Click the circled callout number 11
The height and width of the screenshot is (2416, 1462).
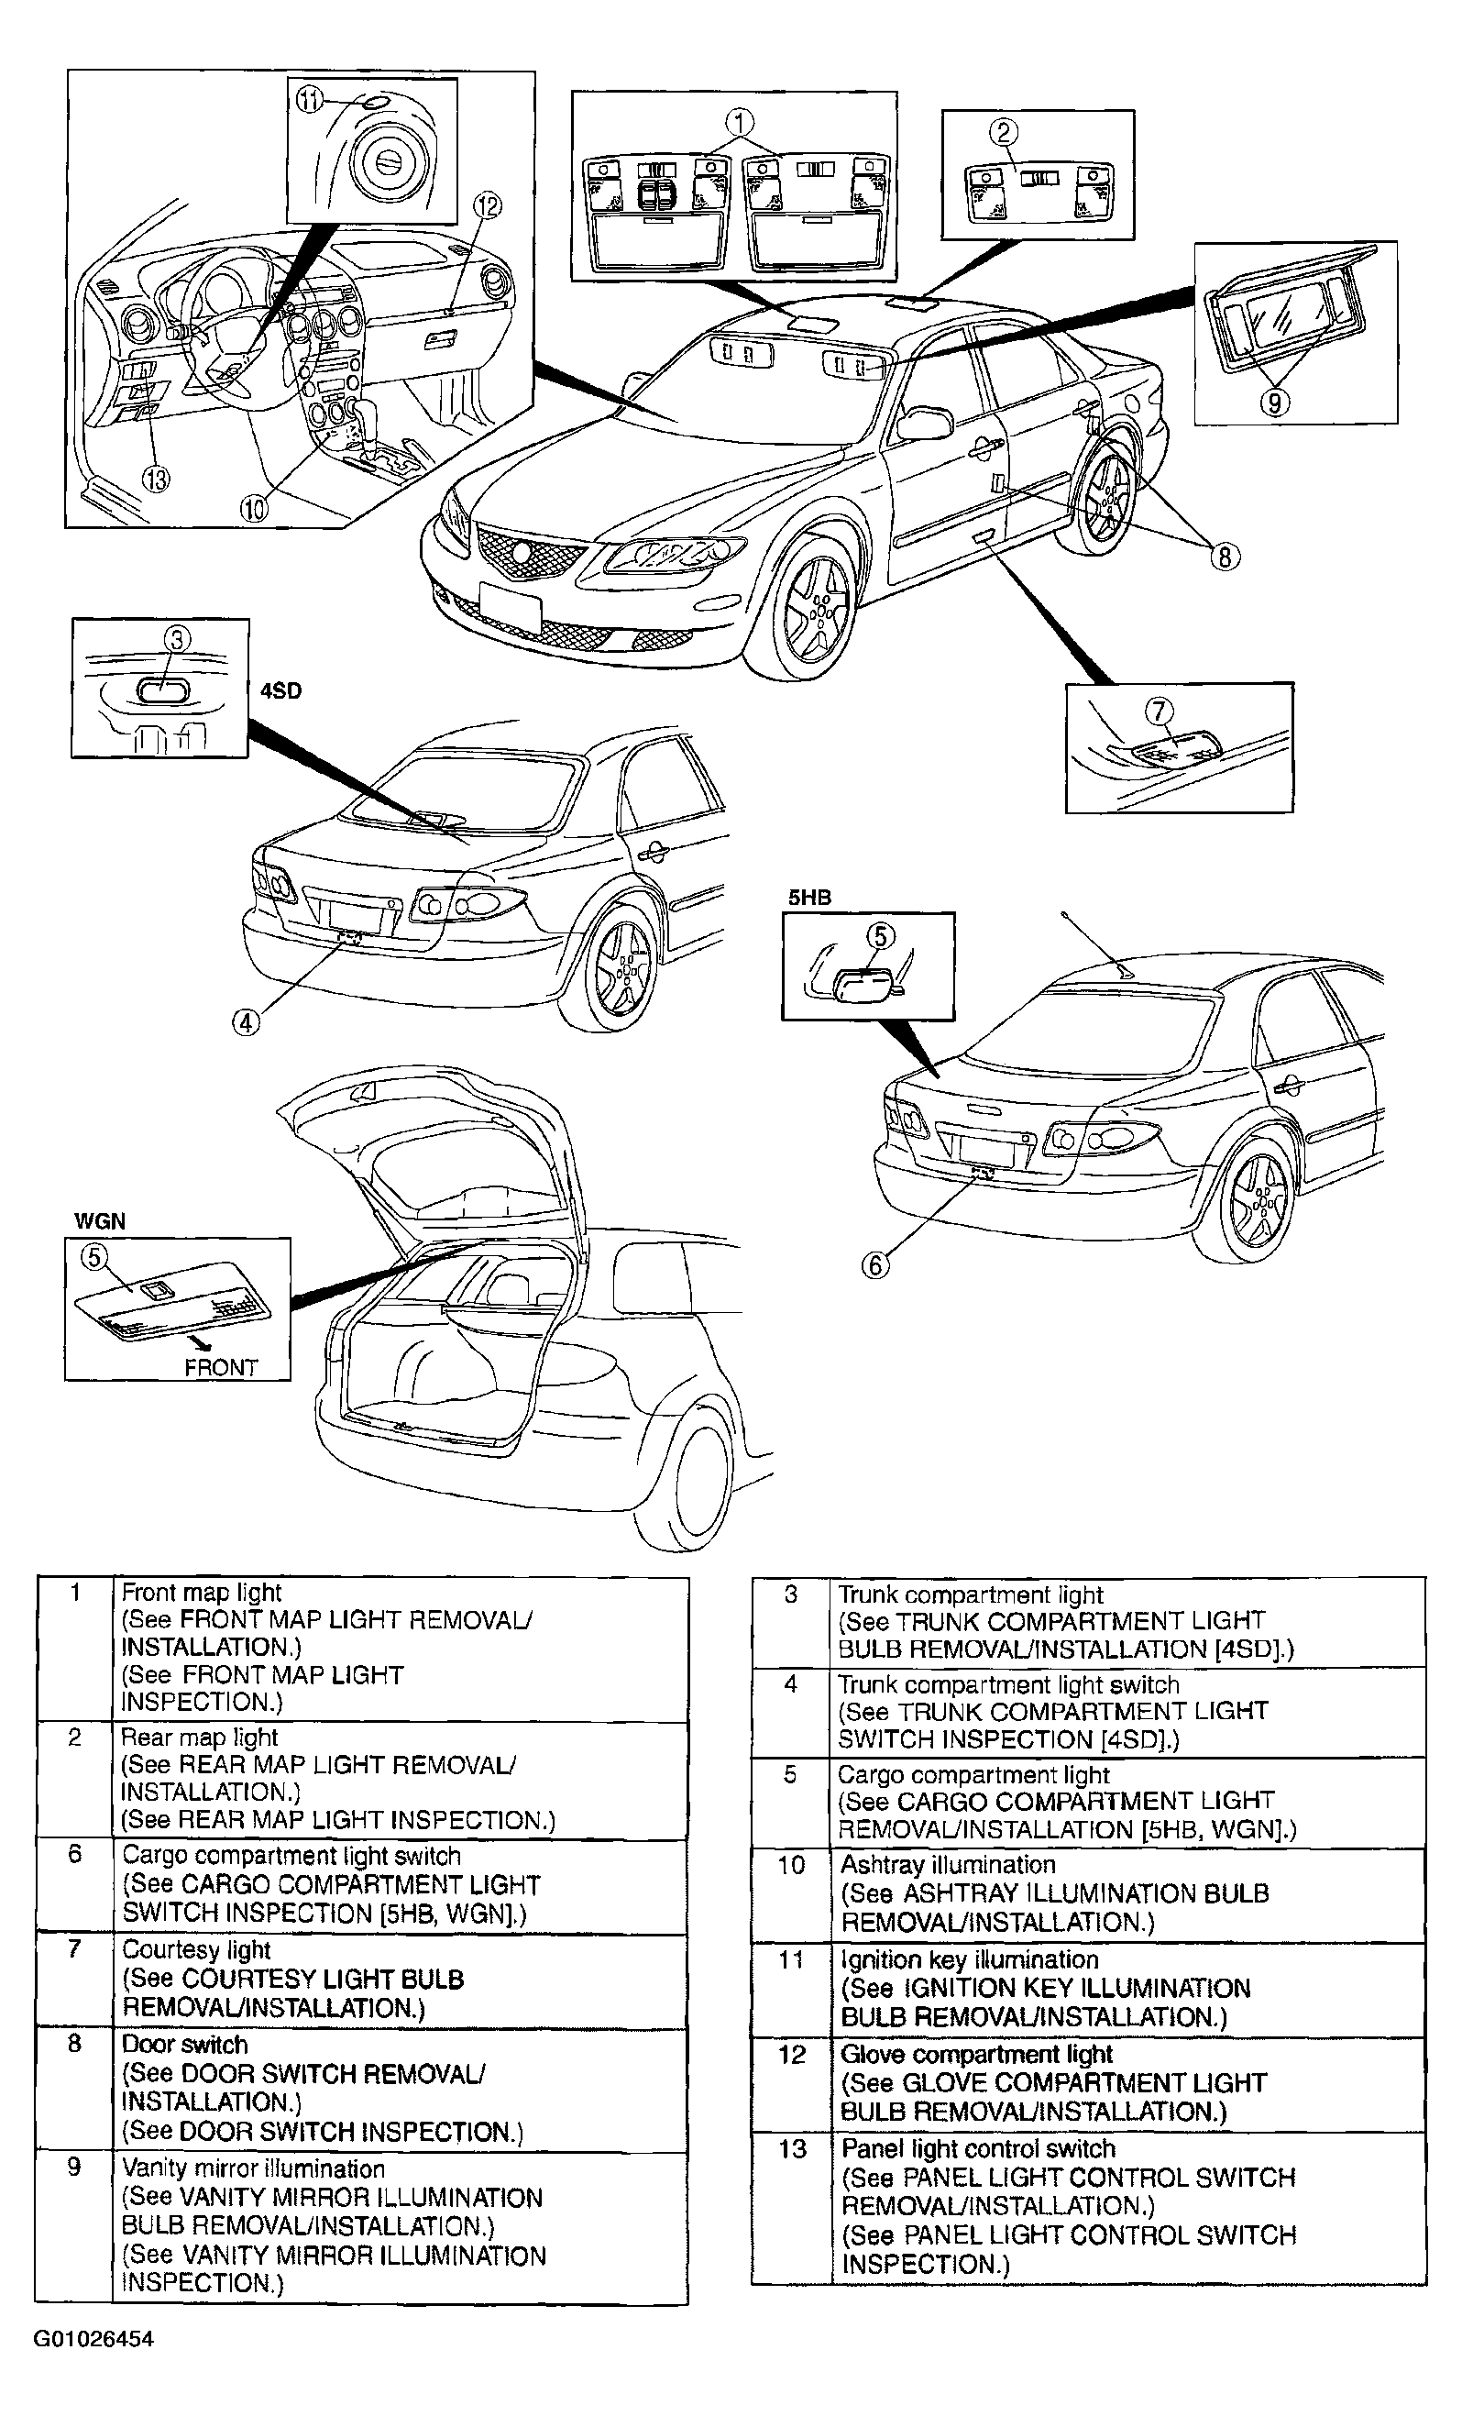click(309, 101)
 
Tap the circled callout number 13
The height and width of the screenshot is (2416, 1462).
click(156, 479)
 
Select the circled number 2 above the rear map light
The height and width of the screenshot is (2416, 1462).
click(1003, 131)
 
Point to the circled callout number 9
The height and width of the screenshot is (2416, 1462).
click(1274, 402)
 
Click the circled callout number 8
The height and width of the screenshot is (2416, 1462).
click(1225, 556)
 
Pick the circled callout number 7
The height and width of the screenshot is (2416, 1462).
click(1160, 710)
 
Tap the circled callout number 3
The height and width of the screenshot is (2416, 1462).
click(177, 640)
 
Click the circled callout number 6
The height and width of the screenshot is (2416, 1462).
click(874, 1265)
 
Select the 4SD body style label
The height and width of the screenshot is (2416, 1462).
click(280, 691)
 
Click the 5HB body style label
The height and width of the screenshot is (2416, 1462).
click(810, 898)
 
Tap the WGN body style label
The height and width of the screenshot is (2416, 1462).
click(99, 1221)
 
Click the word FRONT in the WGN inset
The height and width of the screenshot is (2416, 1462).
click(221, 1367)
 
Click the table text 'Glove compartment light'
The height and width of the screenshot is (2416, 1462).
click(976, 2054)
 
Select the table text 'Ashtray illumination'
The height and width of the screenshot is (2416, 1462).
click(947, 1865)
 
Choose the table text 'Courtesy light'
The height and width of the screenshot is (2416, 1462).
click(196, 1950)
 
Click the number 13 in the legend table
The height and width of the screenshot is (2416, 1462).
click(792, 2149)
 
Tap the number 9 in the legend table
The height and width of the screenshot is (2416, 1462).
click(74, 2167)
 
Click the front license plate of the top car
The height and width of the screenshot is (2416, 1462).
click(510, 607)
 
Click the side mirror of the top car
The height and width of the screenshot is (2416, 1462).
click(924, 422)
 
